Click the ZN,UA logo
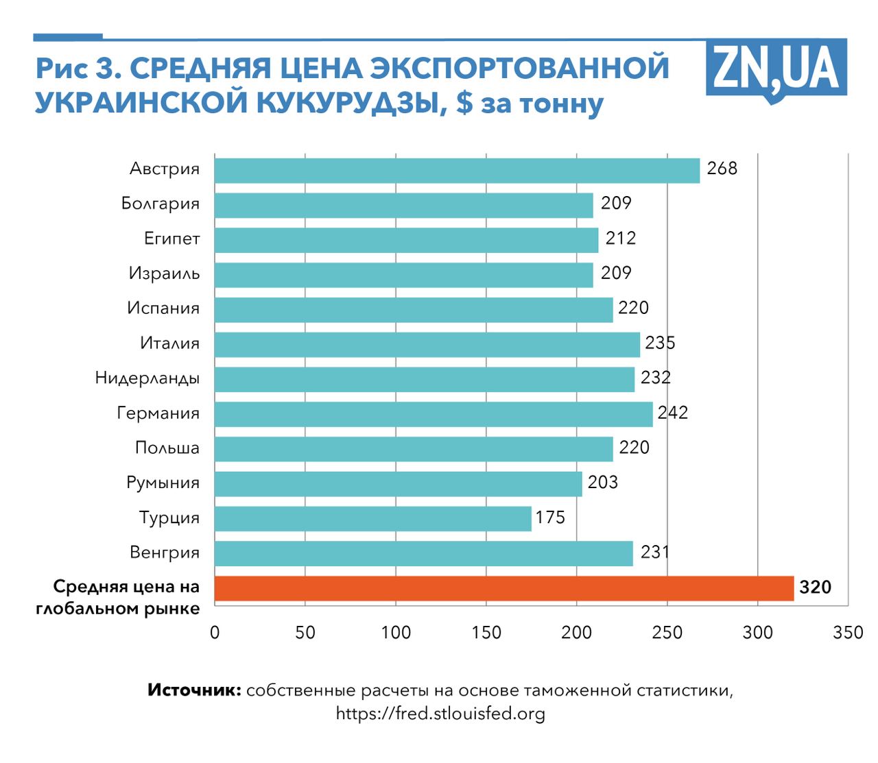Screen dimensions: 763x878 point(776,69)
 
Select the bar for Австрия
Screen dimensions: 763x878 point(457,171)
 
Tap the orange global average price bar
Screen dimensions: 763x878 point(503,588)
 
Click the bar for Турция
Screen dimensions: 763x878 point(372,518)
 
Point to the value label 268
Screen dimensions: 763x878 point(722,169)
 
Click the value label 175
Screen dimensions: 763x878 point(550,518)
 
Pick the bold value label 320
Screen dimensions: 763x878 point(815,588)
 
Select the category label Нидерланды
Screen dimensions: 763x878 point(147,378)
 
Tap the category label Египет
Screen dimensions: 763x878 point(171,239)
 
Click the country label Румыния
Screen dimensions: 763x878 point(163,483)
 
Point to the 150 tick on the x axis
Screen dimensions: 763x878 point(486,633)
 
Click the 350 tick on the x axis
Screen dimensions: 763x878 point(848,633)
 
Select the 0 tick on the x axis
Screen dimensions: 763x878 point(215,633)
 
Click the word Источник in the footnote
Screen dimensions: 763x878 point(194,690)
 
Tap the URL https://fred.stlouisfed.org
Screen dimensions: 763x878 point(440,714)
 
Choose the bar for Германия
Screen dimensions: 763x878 point(433,414)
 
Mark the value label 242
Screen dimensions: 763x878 point(672,413)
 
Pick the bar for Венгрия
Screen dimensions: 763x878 point(423,553)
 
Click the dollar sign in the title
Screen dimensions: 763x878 point(464,104)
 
